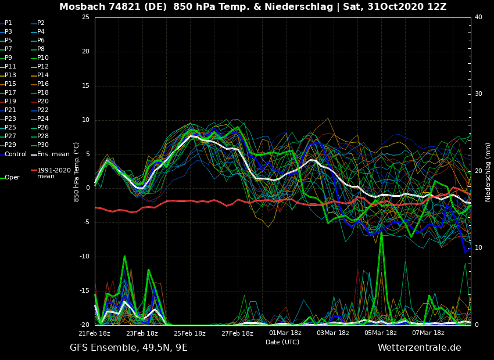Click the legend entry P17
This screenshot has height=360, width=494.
(10, 93)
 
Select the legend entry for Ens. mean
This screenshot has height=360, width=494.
(53, 154)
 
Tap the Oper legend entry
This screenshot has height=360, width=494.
(12, 178)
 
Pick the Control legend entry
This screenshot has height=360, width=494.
(16, 154)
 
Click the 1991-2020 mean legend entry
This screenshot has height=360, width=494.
(53, 173)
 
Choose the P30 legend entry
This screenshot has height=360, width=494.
(43, 145)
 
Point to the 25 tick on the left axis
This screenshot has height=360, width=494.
(85, 17)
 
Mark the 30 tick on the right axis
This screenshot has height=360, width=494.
(478, 94)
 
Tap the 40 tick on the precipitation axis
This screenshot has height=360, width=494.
(478, 17)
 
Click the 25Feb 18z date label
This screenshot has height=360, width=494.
(189, 333)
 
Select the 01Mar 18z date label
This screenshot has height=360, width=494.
(285, 333)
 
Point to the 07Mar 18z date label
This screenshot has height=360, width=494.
(428, 333)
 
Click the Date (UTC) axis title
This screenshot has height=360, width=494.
(282, 343)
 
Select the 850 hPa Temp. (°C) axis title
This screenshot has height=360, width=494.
(77, 172)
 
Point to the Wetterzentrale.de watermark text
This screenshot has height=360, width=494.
(419, 348)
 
